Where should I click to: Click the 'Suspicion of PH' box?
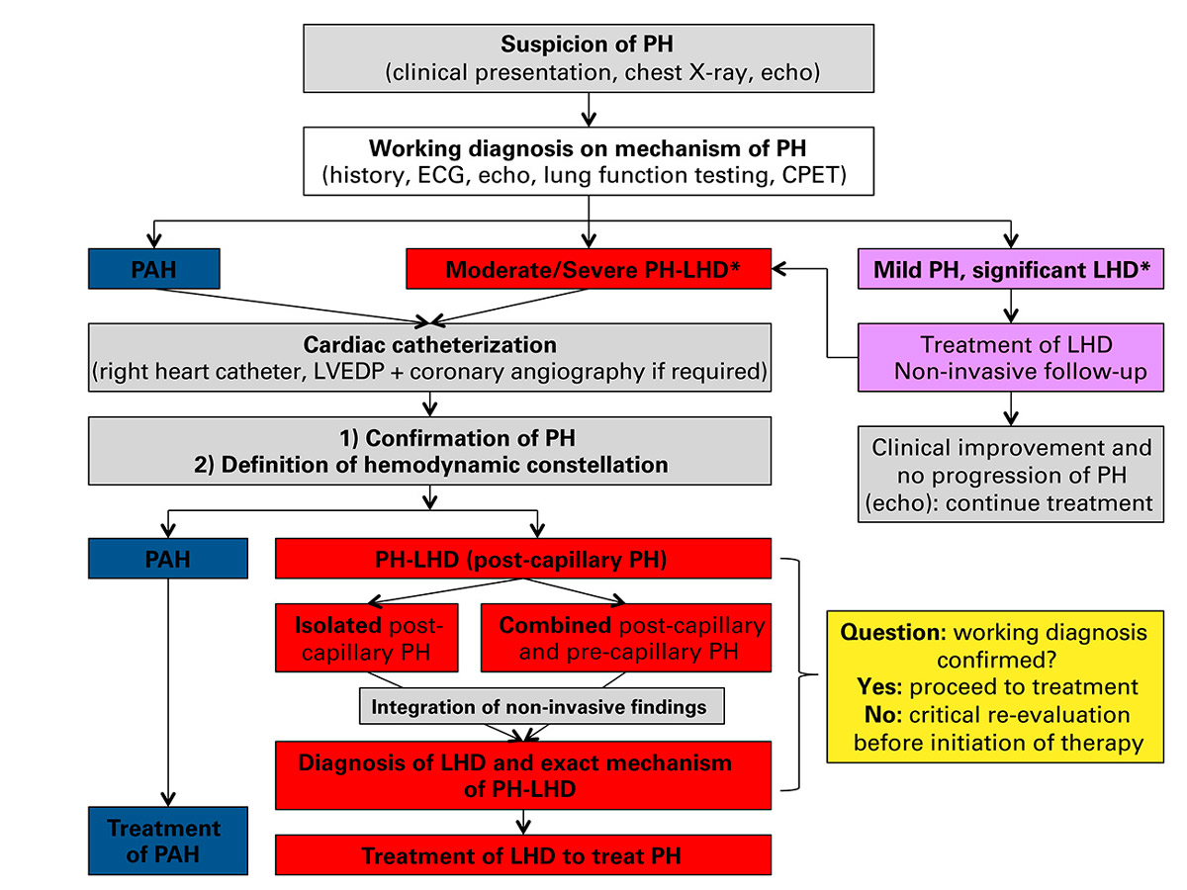(589, 58)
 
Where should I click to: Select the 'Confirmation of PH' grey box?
(429, 451)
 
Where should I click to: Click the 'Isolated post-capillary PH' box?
(369, 638)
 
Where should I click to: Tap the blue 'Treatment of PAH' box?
(167, 841)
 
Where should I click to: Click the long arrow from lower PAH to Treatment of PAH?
(168, 692)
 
